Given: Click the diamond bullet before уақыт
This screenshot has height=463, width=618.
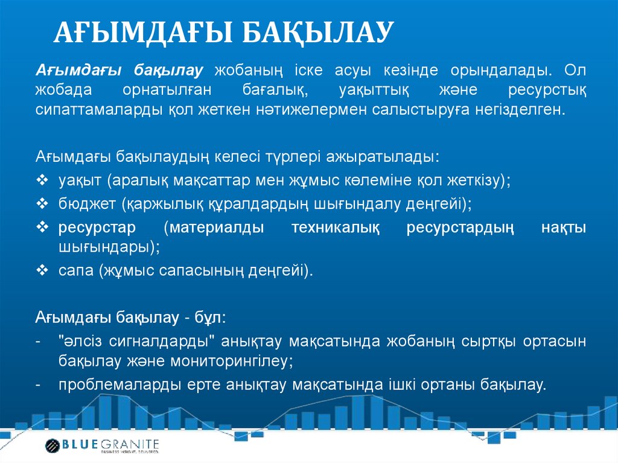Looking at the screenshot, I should tap(42, 180).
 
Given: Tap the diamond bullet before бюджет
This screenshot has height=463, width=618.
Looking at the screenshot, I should tap(42, 204).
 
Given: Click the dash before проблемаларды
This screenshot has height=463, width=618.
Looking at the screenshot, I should tap(39, 385).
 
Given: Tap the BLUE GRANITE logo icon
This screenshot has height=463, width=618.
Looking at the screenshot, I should tap(53, 445).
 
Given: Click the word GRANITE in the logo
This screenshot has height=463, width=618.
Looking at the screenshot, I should tap(131, 444).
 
